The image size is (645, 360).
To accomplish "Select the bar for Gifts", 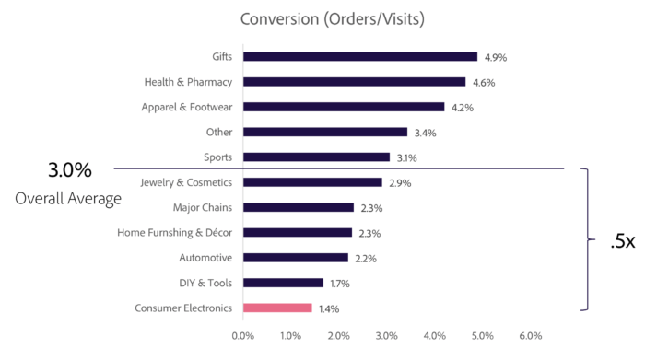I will point(359,56).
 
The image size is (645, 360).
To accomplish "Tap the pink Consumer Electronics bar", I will point(277,308).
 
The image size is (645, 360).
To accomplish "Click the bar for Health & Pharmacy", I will point(354,82).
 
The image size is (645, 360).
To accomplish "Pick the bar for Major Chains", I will point(298,207).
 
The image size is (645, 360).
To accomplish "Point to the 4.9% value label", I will point(495,57).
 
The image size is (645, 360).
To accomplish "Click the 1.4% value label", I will point(328,308).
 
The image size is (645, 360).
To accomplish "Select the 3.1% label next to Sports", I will point(406,157).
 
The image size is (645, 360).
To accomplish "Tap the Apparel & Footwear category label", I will point(186,107).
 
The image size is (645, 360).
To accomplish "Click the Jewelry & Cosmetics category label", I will point(186,182).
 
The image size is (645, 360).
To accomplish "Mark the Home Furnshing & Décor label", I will point(175,232).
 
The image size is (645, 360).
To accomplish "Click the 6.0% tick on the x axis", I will point(531,336).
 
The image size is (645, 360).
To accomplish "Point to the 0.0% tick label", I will point(242,336).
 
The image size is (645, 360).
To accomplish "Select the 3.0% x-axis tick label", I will point(386,336).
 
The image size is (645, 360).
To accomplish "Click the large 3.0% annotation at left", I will point(70,170).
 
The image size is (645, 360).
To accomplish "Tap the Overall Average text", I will point(68,198).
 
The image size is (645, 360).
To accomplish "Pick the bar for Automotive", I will point(295,258).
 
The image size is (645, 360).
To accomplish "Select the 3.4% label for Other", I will point(425,133).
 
